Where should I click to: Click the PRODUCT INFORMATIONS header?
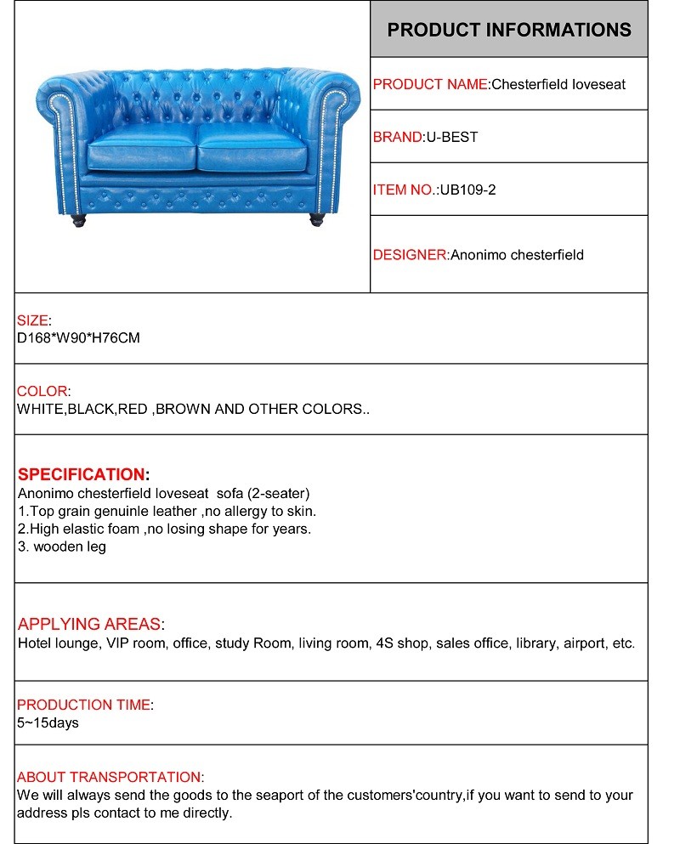pyautogui.click(x=508, y=30)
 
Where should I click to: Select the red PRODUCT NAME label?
pyautogui.click(x=431, y=84)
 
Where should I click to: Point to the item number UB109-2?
pyautogui.click(x=467, y=190)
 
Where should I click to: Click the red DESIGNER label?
pyautogui.click(x=410, y=254)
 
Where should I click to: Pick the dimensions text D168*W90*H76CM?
pyautogui.click(x=78, y=338)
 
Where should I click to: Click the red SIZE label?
pyautogui.click(x=32, y=320)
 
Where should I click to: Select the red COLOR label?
pyautogui.click(x=42, y=391)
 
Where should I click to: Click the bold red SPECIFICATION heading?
pyautogui.click(x=82, y=474)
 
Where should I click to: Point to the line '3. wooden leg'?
pyautogui.click(x=61, y=547)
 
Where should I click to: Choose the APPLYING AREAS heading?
pyautogui.click(x=89, y=625)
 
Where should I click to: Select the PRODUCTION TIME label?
pyautogui.click(x=83, y=705)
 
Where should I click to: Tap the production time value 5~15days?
pyautogui.click(x=48, y=723)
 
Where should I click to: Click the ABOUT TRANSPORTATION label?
pyautogui.click(x=109, y=777)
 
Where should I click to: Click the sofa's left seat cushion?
pyautogui.click(x=142, y=155)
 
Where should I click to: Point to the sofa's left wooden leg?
pyautogui.click(x=78, y=220)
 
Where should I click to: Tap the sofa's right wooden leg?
pyautogui.click(x=316, y=219)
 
